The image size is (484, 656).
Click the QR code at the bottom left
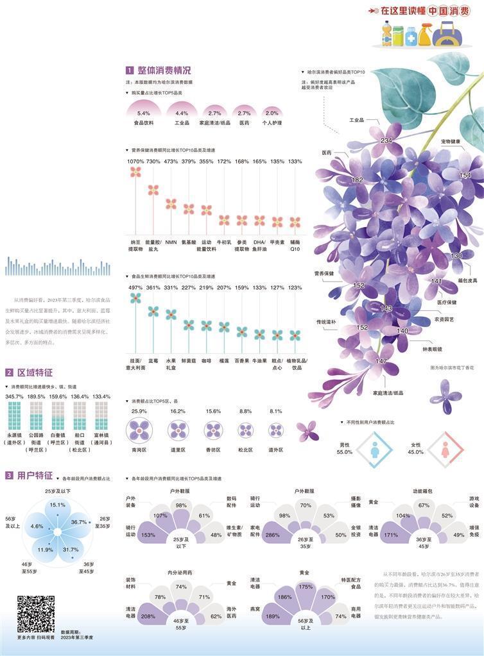35,614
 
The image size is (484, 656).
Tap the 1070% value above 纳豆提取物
135,162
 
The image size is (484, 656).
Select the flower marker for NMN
171,204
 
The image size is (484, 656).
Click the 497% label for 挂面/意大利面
135,287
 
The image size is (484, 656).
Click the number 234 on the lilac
386,140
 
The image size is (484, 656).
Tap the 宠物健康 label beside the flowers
453,141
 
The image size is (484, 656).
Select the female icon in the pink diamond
445,451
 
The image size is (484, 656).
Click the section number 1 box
130,71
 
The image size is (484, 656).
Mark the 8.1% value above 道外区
276,412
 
